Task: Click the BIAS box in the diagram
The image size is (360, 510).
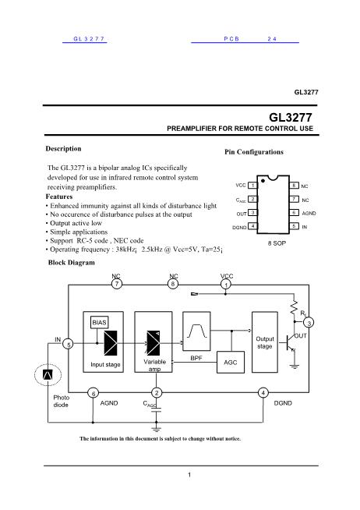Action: [100, 321]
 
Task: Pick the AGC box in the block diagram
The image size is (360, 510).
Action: [230, 363]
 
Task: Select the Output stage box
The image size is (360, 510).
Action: [265, 342]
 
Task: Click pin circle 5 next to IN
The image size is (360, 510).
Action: [69, 344]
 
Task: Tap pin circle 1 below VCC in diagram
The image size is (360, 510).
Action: [225, 285]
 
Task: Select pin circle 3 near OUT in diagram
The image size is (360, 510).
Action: [309, 322]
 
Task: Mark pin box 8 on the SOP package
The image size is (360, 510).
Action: [295, 186]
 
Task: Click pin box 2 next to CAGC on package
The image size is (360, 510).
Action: [253, 200]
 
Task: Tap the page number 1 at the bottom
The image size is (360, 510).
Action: [189, 474]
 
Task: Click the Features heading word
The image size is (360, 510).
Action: [62, 197]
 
